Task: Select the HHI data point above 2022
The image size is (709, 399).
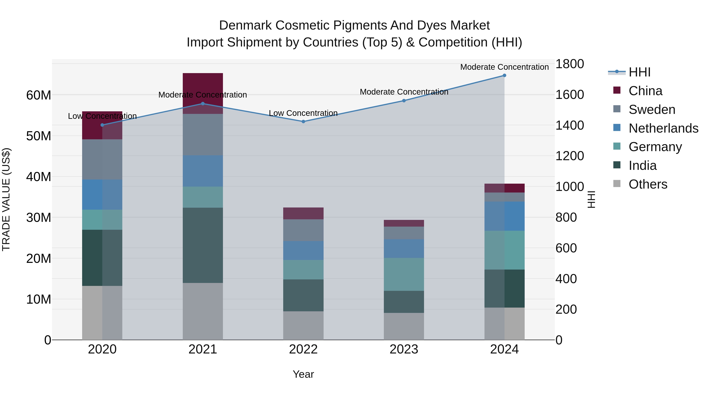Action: (x=303, y=121)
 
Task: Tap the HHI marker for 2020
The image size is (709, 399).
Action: (x=102, y=125)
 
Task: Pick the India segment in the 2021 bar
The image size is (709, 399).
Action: (x=203, y=245)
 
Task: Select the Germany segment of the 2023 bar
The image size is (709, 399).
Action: (x=404, y=274)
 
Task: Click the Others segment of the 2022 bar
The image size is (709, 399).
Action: (x=303, y=326)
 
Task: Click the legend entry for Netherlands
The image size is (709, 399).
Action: (x=663, y=128)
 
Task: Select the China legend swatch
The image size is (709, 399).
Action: (x=617, y=90)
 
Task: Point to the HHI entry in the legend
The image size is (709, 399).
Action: (x=639, y=72)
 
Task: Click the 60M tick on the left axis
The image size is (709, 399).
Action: (x=39, y=95)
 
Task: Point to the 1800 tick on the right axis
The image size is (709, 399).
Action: (x=569, y=64)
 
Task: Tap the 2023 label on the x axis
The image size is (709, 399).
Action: (x=404, y=349)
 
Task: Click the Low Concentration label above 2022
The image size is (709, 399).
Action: (x=303, y=113)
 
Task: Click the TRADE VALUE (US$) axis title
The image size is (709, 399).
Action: (x=6, y=199)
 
